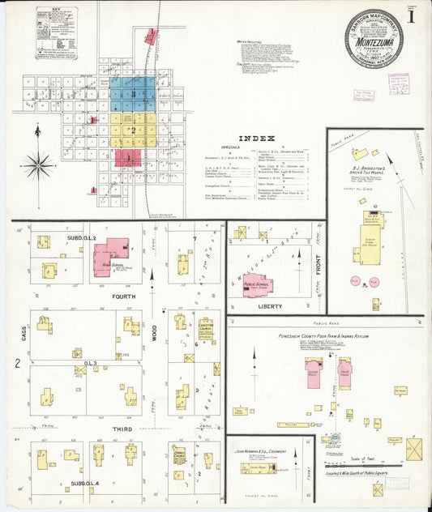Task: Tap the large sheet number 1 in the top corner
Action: [413, 15]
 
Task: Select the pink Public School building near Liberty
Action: [258, 286]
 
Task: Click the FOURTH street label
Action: [123, 297]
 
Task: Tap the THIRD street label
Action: [123, 428]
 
